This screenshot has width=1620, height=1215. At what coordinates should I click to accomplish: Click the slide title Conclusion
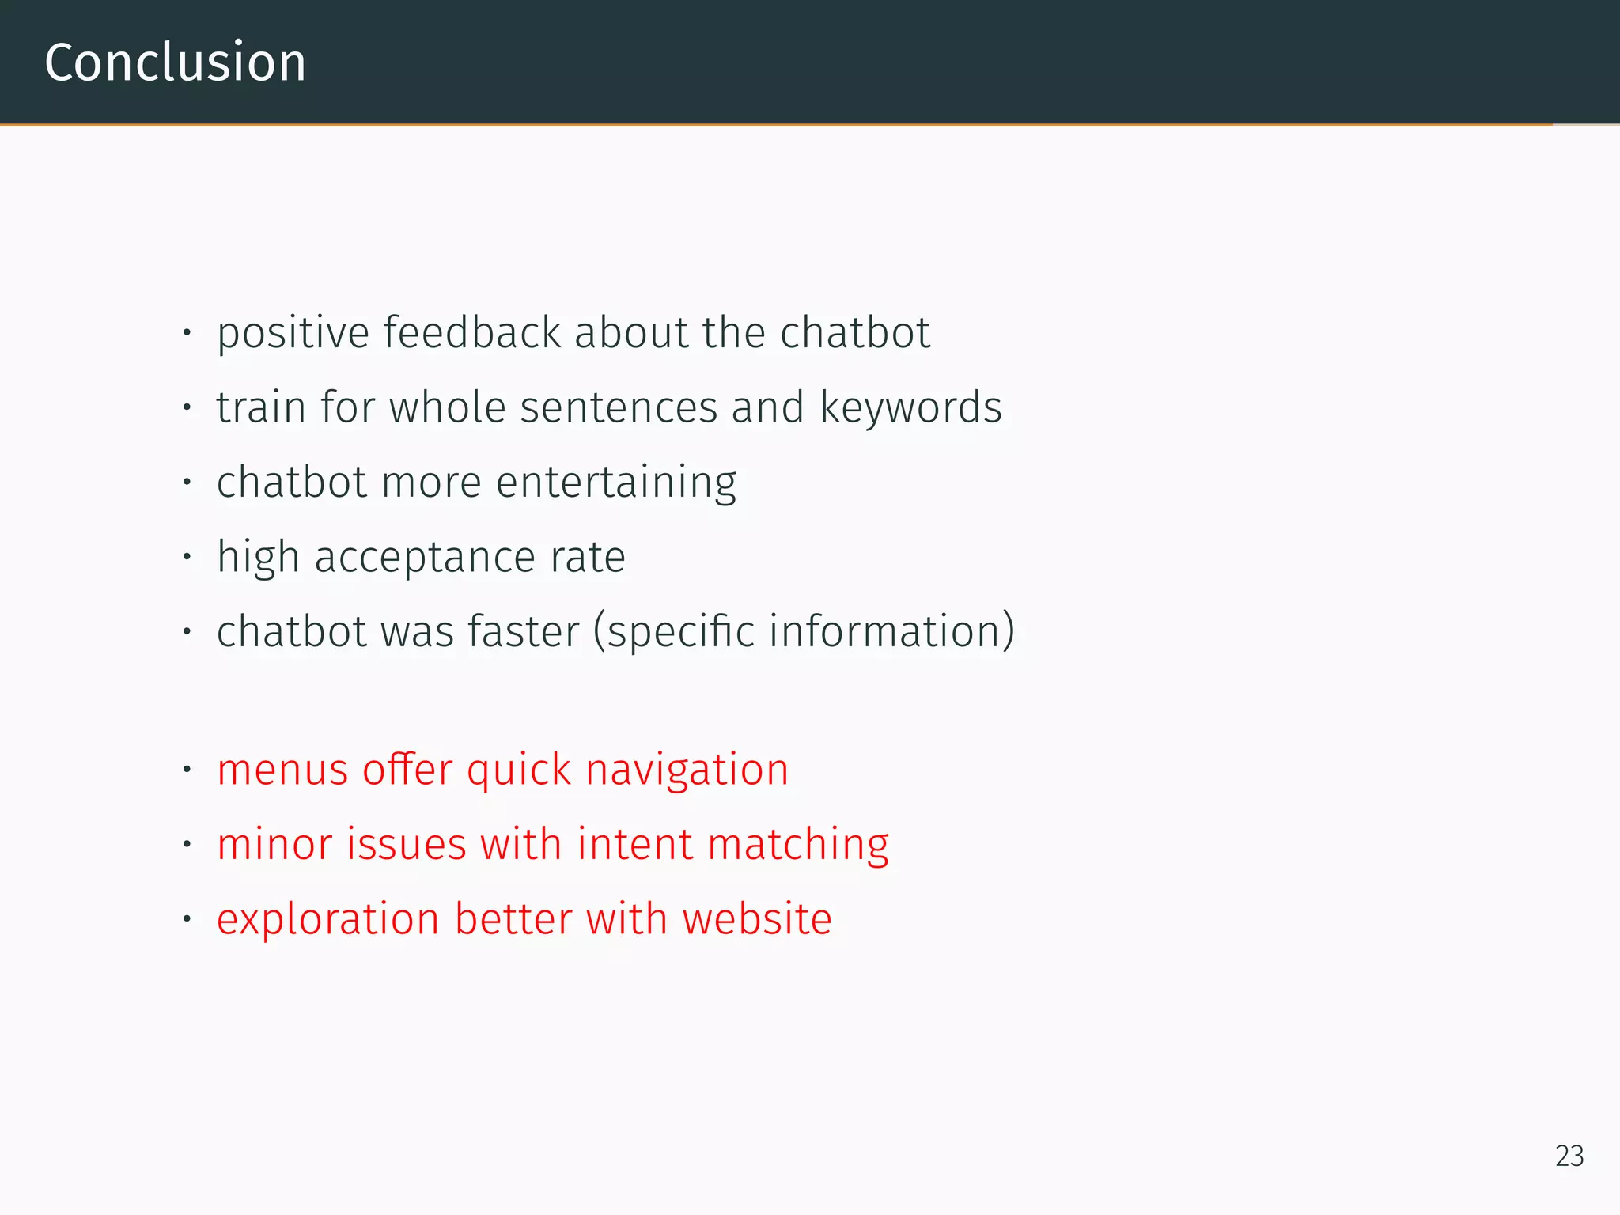coord(175,62)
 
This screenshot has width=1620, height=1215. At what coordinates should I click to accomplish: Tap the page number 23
coord(1569,1156)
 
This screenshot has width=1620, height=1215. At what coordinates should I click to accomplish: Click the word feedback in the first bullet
coord(472,332)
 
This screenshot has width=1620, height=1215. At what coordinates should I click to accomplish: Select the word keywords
coord(910,407)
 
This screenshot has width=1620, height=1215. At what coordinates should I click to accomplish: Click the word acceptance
coord(426,557)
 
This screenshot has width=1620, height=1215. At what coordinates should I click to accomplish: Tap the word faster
coord(524,632)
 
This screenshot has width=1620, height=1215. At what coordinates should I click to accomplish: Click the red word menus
coord(282,770)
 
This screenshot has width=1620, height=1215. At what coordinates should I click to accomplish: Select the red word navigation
coord(687,770)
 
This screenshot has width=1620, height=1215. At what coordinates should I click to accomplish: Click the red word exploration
coord(327,919)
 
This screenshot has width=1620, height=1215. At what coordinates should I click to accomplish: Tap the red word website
coord(756,919)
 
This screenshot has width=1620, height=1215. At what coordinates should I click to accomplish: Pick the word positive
coord(293,332)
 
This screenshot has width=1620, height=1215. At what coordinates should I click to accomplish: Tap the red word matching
coord(798,844)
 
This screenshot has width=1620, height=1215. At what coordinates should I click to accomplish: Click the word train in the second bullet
coord(261,407)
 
